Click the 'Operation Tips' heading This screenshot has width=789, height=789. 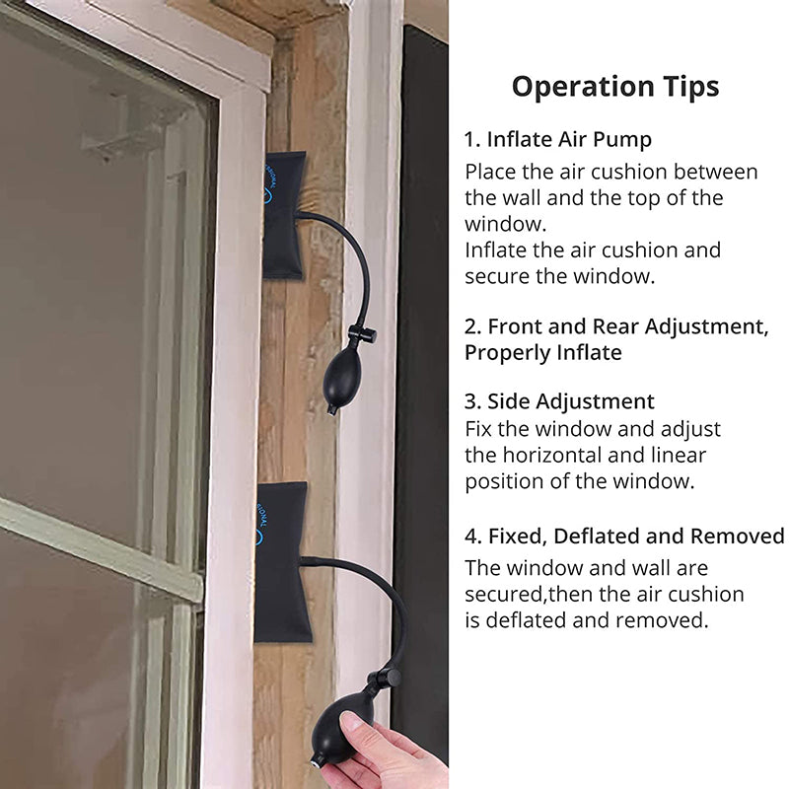pyautogui.click(x=614, y=87)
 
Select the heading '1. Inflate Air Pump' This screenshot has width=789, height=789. pyautogui.click(x=557, y=139)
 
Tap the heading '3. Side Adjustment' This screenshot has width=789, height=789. pyautogui.click(x=559, y=401)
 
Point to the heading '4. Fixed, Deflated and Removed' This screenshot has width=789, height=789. pyautogui.click(x=624, y=536)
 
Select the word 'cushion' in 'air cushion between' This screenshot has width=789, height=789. pyautogui.click(x=629, y=172)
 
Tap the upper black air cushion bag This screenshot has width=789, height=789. pyautogui.click(x=284, y=214)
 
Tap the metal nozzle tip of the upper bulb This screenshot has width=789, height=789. pyautogui.click(x=331, y=410)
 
